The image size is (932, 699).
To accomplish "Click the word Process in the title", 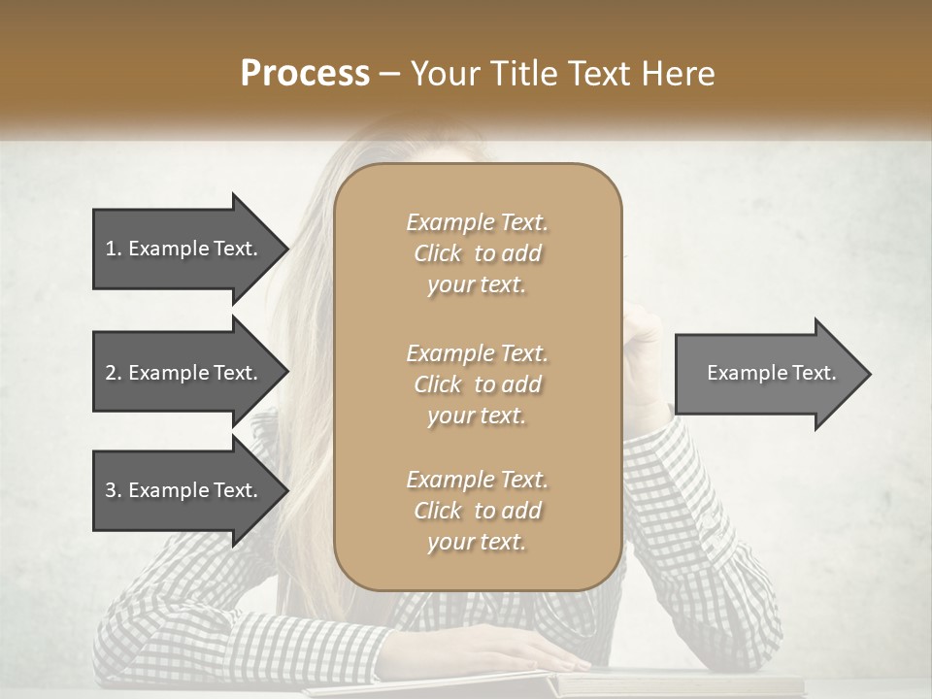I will pos(305,74).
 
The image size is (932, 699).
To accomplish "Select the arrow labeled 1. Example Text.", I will pos(184,249).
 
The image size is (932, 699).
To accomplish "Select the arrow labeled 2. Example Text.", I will pos(184,373).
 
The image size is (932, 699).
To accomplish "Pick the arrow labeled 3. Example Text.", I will pos(184,490).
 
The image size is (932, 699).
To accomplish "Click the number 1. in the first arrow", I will pos(113,249).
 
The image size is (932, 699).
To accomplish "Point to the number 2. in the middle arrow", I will pos(113,373).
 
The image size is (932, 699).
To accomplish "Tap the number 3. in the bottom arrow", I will pos(113,490).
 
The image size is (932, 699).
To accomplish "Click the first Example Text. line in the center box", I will pos(477,222).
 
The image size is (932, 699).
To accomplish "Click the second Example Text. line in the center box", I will pos(477,352).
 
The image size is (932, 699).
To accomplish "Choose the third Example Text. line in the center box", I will pos(477,480).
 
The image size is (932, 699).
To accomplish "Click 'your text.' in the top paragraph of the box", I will pos(477,285).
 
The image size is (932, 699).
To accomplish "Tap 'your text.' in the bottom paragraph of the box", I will pos(477,543).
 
